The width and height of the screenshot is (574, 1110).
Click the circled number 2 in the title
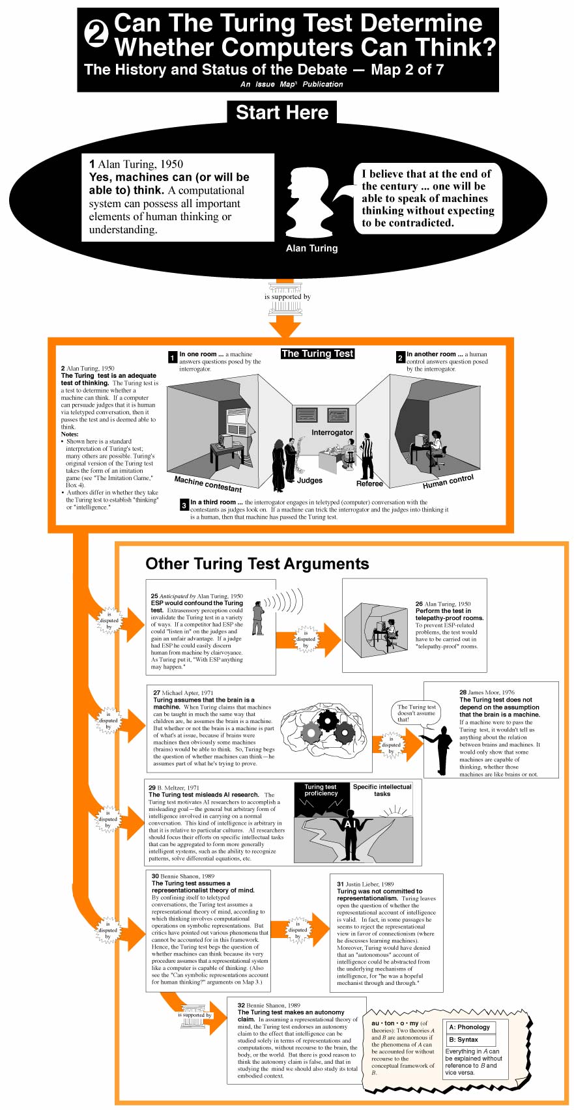coord(97,34)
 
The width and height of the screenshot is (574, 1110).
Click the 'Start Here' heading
coord(281,112)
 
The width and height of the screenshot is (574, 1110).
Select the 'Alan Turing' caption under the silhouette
coord(311,248)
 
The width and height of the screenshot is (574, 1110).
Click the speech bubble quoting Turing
coord(427,198)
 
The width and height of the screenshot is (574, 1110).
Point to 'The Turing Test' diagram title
coord(317,354)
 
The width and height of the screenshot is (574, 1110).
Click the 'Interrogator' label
coord(332,432)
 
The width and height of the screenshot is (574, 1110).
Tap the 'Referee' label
coord(369,483)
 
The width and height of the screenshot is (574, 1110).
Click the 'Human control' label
coord(448,481)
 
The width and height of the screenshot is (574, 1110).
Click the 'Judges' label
coord(309,480)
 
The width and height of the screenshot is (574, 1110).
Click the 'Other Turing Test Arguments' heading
coord(257,563)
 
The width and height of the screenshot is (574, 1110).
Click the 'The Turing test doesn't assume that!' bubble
coord(416,713)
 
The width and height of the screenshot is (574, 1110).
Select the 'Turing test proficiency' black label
coord(321,790)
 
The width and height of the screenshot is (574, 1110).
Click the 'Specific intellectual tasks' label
coord(382,790)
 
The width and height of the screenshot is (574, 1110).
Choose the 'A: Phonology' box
coord(469,1027)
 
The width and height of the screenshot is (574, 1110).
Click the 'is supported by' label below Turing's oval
coord(287,296)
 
